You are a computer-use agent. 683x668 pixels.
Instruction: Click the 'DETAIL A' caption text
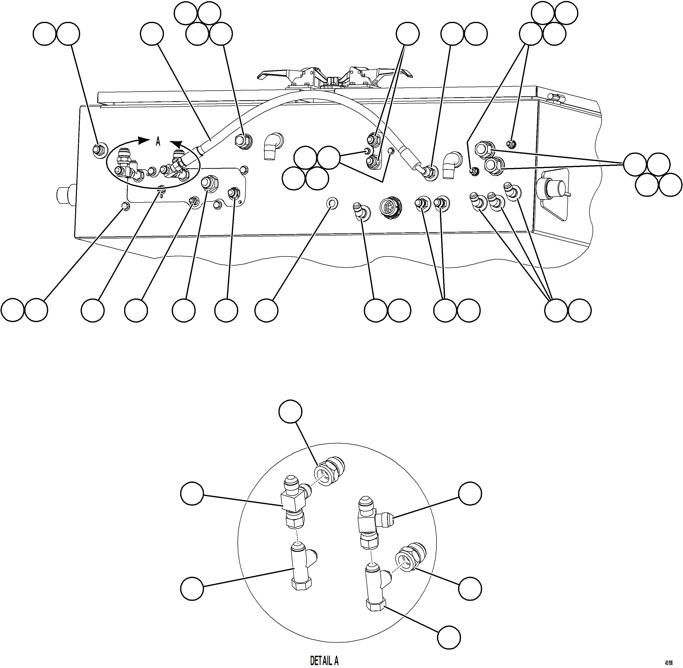[x=324, y=660]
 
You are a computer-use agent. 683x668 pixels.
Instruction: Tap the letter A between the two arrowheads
[x=158, y=142]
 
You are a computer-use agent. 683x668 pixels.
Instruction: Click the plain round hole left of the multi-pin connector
[x=332, y=203]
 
